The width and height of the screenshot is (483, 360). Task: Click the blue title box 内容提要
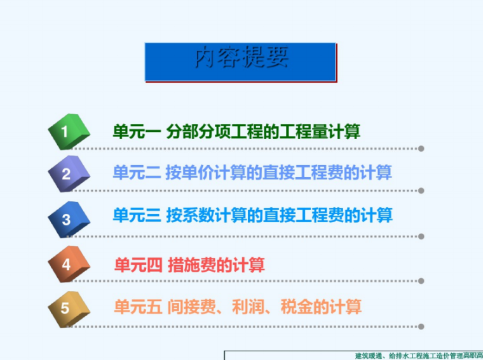[240, 62]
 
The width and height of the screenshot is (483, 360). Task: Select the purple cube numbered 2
[68, 173]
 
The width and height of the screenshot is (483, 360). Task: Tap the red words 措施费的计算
[217, 265]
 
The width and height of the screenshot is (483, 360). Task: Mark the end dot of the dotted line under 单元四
[421, 281]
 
